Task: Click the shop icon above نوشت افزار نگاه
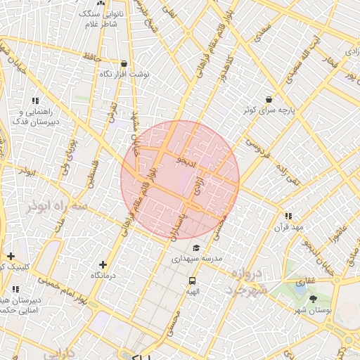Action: point(124,63)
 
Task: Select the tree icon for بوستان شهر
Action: point(313,300)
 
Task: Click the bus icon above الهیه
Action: point(191,280)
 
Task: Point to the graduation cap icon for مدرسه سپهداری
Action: point(196,247)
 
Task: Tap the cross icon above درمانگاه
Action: point(103,264)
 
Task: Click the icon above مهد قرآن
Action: point(288,216)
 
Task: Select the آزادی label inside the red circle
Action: point(198,185)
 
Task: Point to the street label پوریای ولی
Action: point(68,160)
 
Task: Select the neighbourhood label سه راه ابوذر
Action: point(56,207)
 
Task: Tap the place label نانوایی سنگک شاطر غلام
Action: point(102,19)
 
